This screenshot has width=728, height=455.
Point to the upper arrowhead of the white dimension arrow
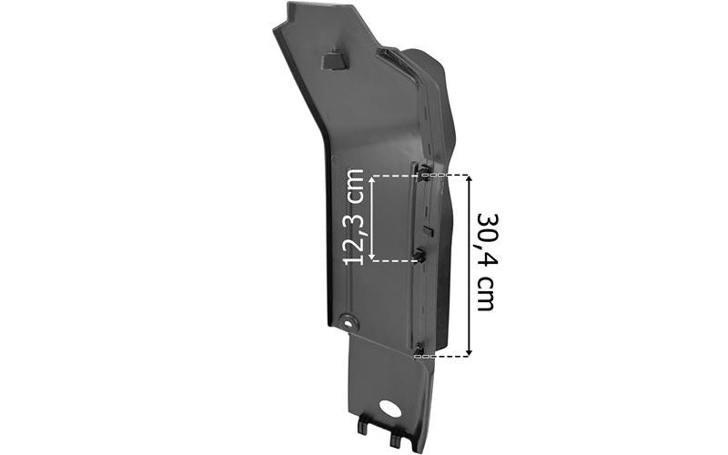point(371,179)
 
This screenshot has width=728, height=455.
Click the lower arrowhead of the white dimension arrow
point(371,257)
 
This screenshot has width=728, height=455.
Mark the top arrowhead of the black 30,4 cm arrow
point(469,179)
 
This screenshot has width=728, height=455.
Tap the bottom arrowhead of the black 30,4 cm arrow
point(469,352)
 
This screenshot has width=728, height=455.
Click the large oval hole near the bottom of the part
point(389,408)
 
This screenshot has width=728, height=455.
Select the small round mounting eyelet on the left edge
point(348,321)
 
